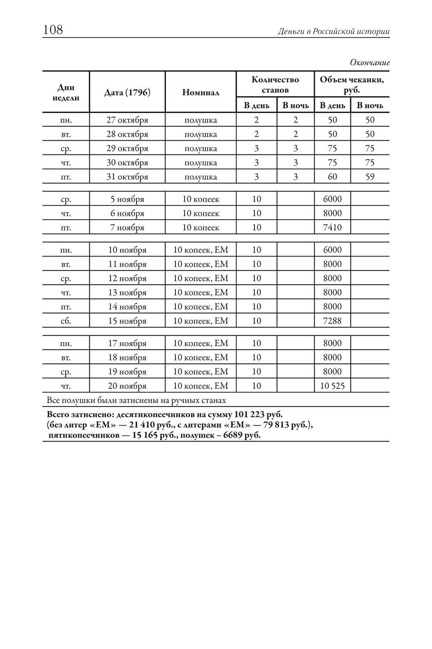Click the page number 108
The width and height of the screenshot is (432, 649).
pos(53,30)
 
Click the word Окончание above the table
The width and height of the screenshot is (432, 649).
pos(370,63)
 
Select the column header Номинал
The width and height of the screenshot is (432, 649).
pos(200,92)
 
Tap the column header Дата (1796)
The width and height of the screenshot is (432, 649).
pos(127,92)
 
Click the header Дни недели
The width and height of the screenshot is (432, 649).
pos(66,92)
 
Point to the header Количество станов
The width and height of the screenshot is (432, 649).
pos(275,85)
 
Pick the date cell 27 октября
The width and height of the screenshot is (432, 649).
pos(127,120)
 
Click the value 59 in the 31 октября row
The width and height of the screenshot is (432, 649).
pos(370,177)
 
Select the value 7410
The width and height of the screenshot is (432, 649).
pos(332,227)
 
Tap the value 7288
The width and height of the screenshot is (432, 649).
pos(332,321)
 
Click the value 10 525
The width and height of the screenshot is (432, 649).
pos(332,386)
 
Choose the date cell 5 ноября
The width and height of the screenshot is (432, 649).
pos(127,199)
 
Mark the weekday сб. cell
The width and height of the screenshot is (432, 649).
pos(66,321)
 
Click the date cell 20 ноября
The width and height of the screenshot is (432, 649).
pos(127,386)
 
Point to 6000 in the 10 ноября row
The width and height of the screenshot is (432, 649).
pos(332,250)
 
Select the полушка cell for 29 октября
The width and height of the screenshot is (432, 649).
pos(200,148)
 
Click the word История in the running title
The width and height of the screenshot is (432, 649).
pos(374,32)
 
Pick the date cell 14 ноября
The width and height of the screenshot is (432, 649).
pos(127,307)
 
